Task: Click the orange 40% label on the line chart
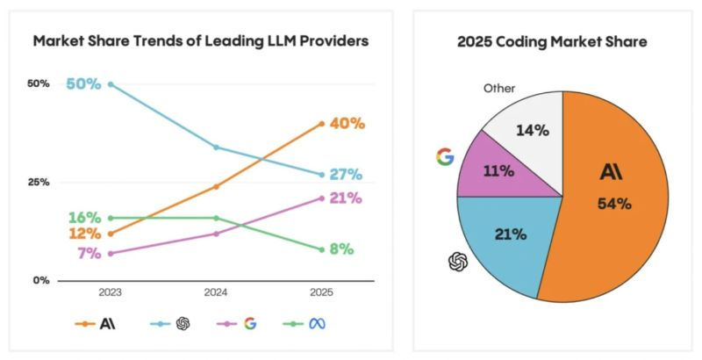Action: pos(346,123)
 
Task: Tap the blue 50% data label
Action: pos(83,84)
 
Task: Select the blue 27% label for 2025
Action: pos(346,175)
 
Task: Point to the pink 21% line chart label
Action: pos(346,198)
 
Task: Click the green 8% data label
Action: pos(341,249)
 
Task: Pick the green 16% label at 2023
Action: pos(85,218)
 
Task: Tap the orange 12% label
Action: pos(85,234)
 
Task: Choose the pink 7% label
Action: pos(89,253)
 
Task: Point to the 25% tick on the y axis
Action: pos(38,183)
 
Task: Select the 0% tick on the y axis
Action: pos(40,281)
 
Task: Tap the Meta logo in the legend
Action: pos(317,323)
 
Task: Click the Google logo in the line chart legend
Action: pos(250,323)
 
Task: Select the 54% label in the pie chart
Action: pos(614,204)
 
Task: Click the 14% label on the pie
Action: pos(532,131)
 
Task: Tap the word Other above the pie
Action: pos(499,88)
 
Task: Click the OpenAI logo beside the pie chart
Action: pos(458,261)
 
